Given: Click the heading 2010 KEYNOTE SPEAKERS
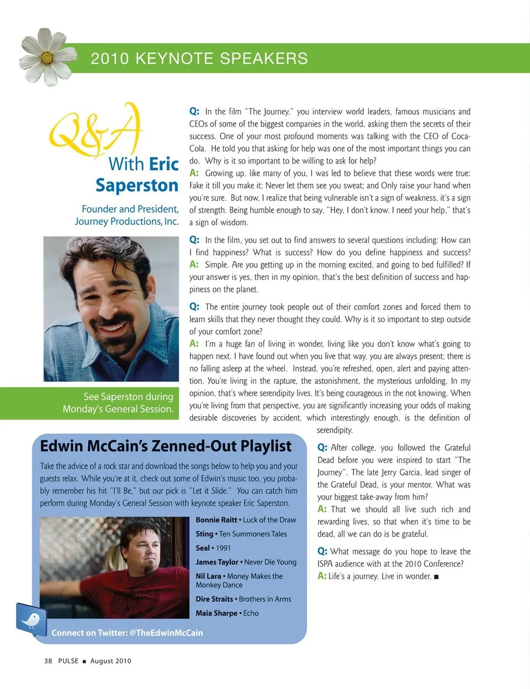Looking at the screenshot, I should tap(199, 59).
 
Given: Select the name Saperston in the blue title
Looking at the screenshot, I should tap(137, 186).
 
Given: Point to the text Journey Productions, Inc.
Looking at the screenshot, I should tap(127, 222).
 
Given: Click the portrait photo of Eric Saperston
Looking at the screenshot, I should tap(111, 309).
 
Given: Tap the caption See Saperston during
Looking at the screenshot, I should tap(128, 397).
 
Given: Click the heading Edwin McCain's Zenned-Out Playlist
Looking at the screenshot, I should tap(166, 446).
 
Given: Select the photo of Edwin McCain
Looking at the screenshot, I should tap(114, 567).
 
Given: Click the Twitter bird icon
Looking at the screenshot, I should tap(31, 619).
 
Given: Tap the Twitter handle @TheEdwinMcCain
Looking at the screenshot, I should tap(166, 633).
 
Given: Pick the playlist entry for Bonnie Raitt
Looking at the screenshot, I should tap(246, 520).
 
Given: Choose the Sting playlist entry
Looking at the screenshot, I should tap(241, 534).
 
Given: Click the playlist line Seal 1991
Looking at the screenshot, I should tap(213, 548).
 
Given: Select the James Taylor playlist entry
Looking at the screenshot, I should tap(246, 562).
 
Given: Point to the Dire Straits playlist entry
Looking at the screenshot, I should tap(243, 599).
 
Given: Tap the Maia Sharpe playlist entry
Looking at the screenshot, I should tap(227, 613).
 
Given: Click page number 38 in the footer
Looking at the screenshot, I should tap(48, 661).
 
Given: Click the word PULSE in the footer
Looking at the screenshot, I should tap(68, 661).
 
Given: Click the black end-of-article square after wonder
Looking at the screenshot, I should tap(436, 577).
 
